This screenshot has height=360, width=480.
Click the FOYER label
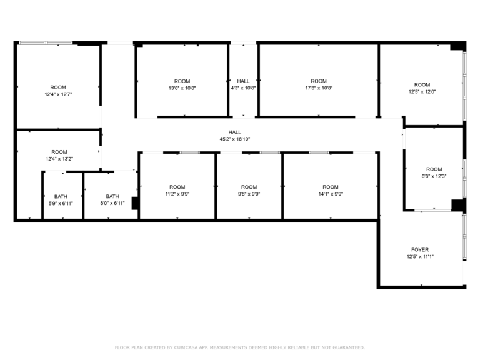tap(420, 250)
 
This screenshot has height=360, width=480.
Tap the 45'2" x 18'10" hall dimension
tap(235, 139)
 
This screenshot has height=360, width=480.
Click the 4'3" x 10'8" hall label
tap(243, 84)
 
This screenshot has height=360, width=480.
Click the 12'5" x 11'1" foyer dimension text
tap(420, 257)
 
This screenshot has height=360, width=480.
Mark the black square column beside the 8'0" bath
tap(135, 203)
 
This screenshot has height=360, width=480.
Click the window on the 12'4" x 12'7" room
tap(46, 43)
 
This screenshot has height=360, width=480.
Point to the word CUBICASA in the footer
tap(186, 347)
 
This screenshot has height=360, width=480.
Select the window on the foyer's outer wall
tap(465, 237)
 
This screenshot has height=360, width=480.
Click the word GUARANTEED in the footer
tap(349, 347)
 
